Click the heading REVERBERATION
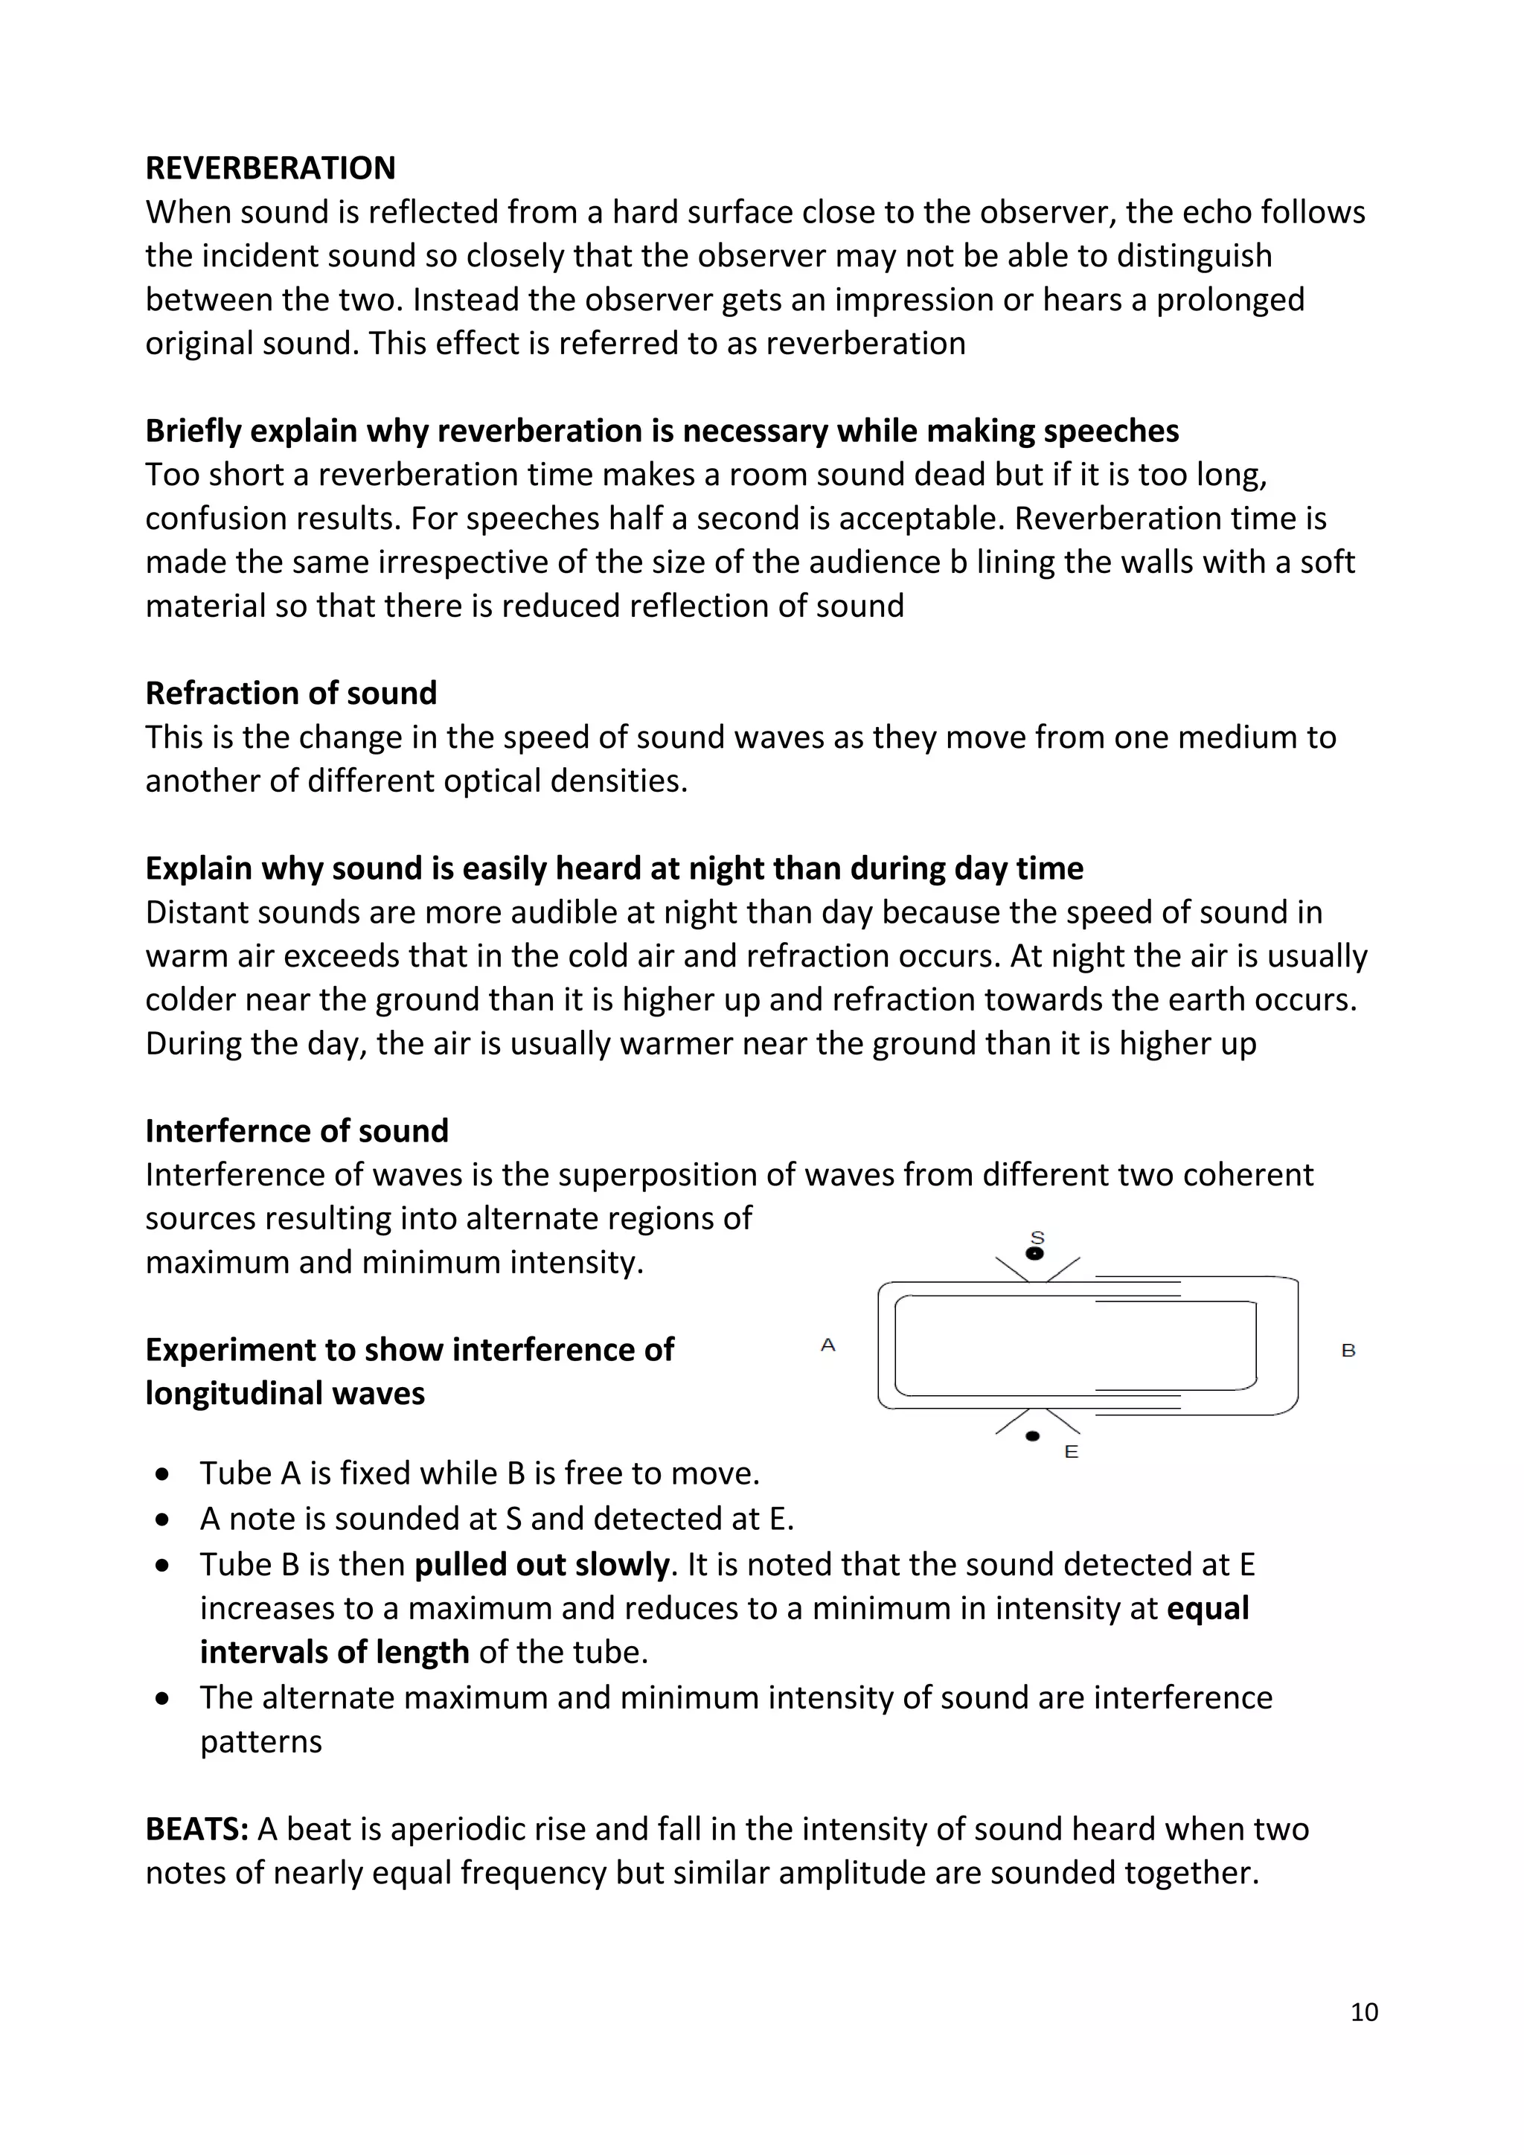click(x=270, y=168)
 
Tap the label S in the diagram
click(x=1037, y=1237)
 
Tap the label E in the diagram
click(x=1071, y=1452)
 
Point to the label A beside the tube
click(x=827, y=1345)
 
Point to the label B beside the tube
click(x=1348, y=1351)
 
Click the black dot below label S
click(x=1035, y=1254)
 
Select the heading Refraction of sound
click(x=291, y=694)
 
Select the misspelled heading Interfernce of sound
click(x=297, y=1131)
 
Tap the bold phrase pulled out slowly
click(x=542, y=1565)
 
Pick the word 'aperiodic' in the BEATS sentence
click(x=457, y=1829)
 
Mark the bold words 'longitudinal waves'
click(x=284, y=1393)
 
